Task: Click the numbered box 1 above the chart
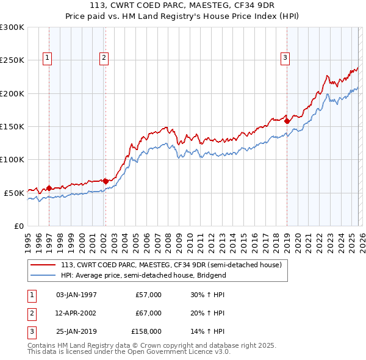(48, 58)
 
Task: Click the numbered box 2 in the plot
(104, 58)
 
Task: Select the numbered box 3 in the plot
(285, 58)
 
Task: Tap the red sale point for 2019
(287, 121)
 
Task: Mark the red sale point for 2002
(106, 181)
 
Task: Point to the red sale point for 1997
(49, 188)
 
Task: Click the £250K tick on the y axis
(12, 60)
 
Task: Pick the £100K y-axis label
(12, 159)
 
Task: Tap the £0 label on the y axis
(18, 226)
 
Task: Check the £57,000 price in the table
(148, 295)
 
